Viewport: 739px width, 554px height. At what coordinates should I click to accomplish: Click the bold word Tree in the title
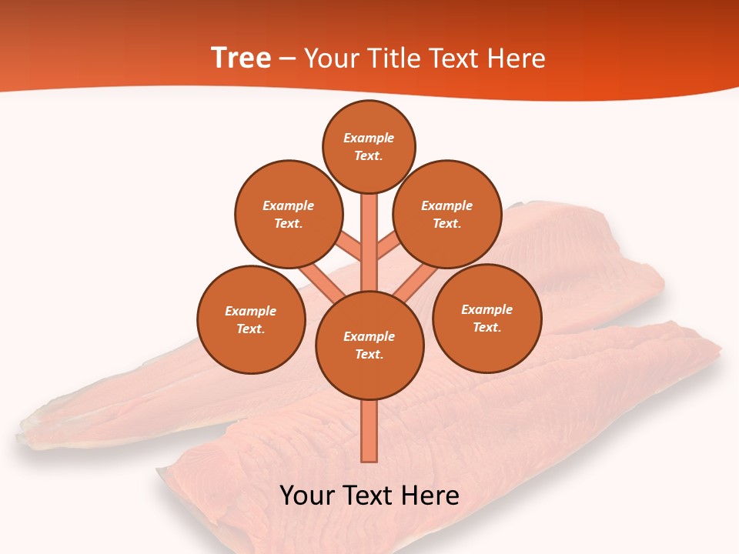click(241, 58)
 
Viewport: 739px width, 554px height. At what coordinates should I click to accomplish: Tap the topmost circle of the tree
click(369, 146)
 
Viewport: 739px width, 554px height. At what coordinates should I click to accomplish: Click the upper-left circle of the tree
click(289, 214)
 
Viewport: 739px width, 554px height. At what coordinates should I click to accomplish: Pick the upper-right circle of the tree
click(447, 214)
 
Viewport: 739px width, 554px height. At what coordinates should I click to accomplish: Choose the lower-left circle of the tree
click(251, 319)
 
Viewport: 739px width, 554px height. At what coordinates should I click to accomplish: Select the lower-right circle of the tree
click(487, 318)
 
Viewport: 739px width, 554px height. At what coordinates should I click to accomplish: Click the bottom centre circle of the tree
click(369, 345)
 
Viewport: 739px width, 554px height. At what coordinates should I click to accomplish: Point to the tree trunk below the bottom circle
click(369, 431)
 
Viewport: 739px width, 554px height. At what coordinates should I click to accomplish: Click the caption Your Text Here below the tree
click(369, 496)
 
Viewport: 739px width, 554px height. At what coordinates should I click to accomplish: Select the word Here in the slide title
click(519, 58)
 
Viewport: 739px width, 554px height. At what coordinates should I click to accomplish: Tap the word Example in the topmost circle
click(369, 138)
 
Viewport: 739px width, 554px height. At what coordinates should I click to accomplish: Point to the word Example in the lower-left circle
click(251, 311)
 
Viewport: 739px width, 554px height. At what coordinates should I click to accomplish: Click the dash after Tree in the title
click(287, 58)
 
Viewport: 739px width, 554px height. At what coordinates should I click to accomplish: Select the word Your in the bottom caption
click(307, 496)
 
